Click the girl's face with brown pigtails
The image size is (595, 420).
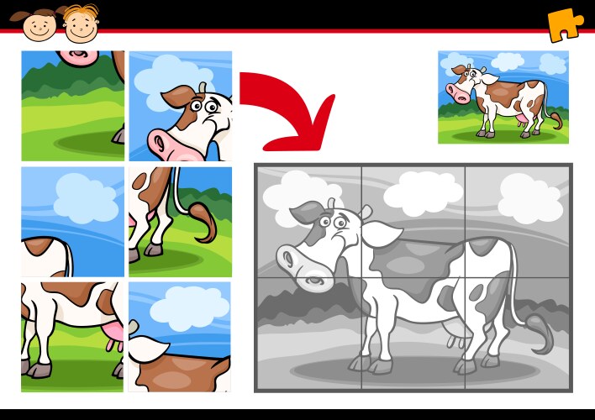click(39, 25)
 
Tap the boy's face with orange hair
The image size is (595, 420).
click(81, 24)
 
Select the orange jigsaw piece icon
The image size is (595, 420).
click(565, 24)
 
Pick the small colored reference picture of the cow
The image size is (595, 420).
click(503, 97)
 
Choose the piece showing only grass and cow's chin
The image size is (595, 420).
click(72, 105)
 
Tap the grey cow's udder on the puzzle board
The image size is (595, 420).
click(457, 339)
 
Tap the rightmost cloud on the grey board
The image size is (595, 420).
click(528, 199)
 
